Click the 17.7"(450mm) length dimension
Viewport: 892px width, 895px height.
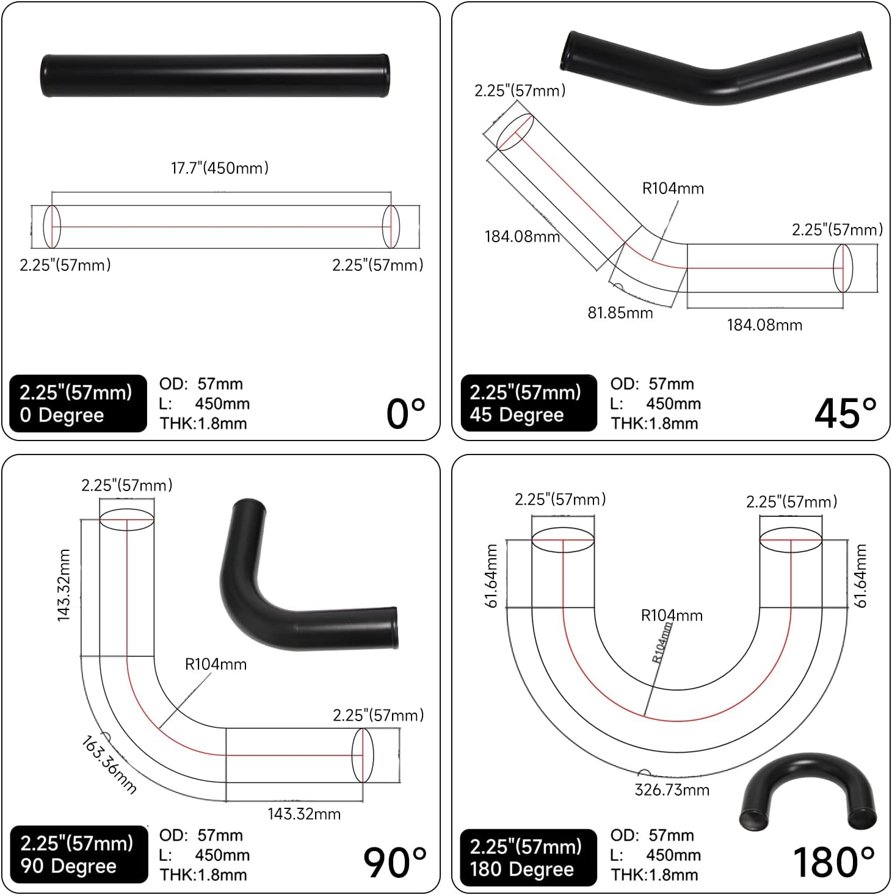click(x=220, y=168)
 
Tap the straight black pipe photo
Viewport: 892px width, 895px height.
click(x=215, y=76)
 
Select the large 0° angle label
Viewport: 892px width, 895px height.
click(x=406, y=414)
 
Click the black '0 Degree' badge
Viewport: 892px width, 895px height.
click(x=78, y=404)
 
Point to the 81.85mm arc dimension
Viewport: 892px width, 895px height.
click(x=620, y=313)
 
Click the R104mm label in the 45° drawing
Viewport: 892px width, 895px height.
click(x=673, y=189)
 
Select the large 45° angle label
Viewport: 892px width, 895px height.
click(x=846, y=413)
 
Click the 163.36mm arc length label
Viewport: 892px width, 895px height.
click(x=109, y=764)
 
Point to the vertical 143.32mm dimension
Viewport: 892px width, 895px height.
click(x=64, y=586)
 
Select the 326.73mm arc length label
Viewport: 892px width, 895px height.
click(x=672, y=790)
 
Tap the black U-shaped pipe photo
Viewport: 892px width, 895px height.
click(x=807, y=793)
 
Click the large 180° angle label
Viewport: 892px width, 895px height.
click(x=834, y=862)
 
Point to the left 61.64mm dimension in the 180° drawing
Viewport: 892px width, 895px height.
click(x=491, y=575)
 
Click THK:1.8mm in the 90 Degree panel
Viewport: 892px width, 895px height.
click(x=203, y=875)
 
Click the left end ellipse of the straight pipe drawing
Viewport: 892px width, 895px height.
click(x=53, y=227)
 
